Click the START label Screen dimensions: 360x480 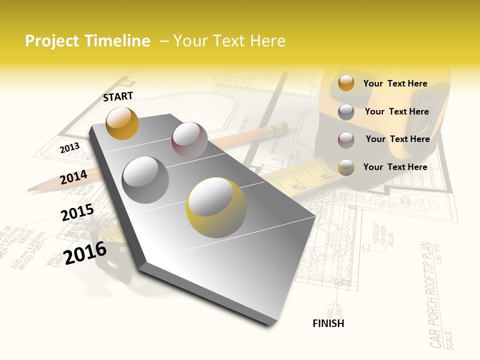point(118,96)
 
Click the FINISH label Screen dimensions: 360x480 point(328,323)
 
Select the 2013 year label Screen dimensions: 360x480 point(69,147)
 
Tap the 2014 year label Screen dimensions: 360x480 point(73,176)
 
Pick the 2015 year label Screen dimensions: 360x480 point(77,212)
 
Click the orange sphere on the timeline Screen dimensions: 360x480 point(122,123)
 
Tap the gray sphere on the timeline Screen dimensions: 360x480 point(145,179)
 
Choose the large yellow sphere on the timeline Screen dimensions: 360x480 point(216,207)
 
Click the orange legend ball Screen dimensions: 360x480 point(346,83)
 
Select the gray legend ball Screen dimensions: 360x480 point(346,112)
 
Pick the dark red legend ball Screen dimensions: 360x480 point(346,140)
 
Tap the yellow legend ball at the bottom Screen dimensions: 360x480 point(346,167)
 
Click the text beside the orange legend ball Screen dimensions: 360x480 point(395,83)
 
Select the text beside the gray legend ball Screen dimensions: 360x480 point(396,111)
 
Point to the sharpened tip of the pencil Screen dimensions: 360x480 point(31,189)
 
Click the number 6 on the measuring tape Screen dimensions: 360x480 point(327,175)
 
